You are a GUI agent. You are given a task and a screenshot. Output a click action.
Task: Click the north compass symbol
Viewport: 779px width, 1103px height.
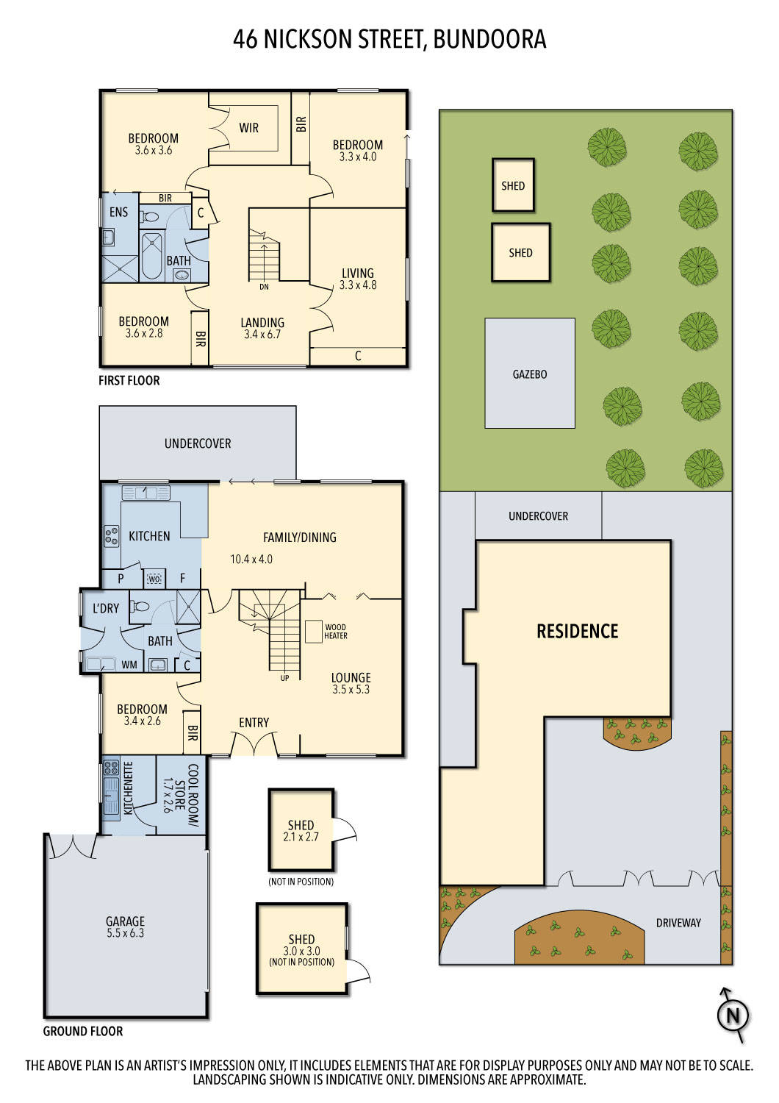(x=732, y=1015)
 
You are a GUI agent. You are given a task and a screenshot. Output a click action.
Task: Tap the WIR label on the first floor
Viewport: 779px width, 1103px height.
(x=249, y=128)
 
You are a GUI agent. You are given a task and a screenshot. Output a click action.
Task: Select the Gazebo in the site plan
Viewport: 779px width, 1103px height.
(x=529, y=374)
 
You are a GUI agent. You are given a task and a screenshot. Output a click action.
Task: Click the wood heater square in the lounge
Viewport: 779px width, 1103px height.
(x=314, y=632)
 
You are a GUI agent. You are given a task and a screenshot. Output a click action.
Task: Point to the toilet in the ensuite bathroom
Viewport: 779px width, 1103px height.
(x=151, y=217)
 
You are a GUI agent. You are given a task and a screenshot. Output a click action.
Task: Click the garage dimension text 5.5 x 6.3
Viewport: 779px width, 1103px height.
(x=125, y=933)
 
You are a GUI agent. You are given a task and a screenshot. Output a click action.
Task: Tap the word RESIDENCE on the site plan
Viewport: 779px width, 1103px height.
(x=577, y=631)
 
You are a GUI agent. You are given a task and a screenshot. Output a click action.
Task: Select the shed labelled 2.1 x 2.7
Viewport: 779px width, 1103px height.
(x=301, y=830)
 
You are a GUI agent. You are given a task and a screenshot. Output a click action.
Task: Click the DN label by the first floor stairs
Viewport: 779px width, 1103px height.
(x=264, y=287)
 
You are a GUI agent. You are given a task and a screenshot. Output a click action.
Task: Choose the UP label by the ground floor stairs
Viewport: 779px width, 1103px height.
(x=284, y=678)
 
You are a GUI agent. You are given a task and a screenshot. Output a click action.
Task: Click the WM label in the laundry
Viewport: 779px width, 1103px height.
(x=129, y=665)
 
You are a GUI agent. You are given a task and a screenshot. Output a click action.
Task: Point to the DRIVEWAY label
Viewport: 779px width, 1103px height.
(x=678, y=923)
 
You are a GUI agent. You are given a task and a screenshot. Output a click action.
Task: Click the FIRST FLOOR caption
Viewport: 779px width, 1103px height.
(x=129, y=380)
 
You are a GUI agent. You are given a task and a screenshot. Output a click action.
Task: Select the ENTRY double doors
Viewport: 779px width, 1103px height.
(x=254, y=746)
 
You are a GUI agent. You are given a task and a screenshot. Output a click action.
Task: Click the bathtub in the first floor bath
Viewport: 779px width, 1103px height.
(x=151, y=256)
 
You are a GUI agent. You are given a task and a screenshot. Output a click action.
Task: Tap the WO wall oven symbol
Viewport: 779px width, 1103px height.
(x=154, y=579)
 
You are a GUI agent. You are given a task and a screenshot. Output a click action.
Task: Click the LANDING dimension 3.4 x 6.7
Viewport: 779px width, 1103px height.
(x=262, y=334)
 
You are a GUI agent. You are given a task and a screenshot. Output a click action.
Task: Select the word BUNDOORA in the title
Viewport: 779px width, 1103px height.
(x=489, y=39)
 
